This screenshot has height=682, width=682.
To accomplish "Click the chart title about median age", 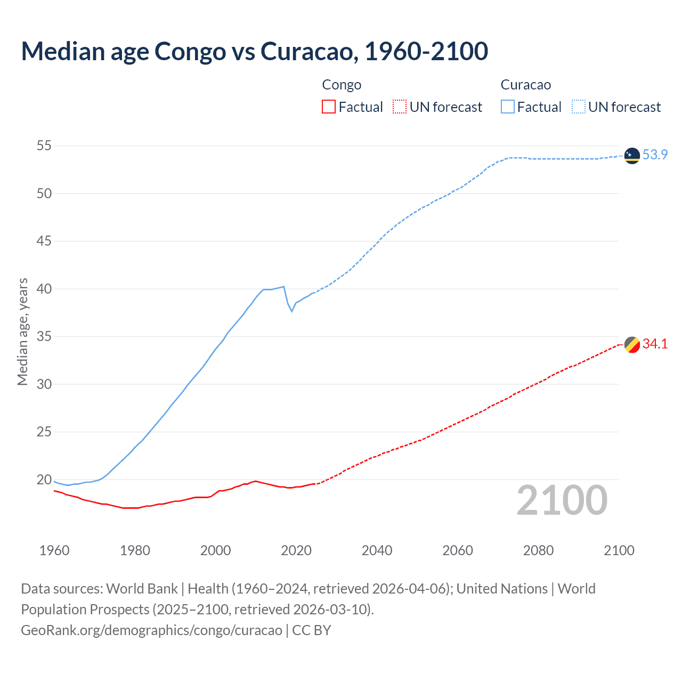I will coord(254,51).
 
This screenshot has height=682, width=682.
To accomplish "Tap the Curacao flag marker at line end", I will coord(632,156).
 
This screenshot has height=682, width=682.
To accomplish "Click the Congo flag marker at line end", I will coord(632,345).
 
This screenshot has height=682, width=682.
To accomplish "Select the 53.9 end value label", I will coord(655,155).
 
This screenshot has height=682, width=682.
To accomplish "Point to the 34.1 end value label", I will coord(655,344).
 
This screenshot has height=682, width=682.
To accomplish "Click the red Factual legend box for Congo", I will coord(329,107).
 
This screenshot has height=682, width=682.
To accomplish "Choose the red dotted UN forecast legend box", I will coord(400,107).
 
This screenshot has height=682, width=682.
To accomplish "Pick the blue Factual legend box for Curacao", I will coord(508,107).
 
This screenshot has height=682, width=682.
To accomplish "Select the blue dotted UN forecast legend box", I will coord(578,107).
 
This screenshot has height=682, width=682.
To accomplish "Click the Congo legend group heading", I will coord(342,85).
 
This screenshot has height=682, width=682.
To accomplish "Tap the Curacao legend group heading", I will coord(525,85).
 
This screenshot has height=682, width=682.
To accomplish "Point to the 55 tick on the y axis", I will coord(44,145).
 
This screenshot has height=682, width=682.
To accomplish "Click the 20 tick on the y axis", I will coord(44,480).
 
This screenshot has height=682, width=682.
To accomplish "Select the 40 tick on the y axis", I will coord(44,289).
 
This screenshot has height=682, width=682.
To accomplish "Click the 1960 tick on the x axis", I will coord(54,550).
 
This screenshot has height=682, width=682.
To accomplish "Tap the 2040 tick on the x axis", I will coord(377,550).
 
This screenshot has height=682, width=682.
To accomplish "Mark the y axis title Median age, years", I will coord(22,331).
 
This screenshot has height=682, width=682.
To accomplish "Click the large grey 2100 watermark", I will coord(562,500).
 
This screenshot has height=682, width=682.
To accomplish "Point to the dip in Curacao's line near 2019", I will coord(291,311).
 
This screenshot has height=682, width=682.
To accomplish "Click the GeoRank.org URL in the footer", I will coord(151,630).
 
